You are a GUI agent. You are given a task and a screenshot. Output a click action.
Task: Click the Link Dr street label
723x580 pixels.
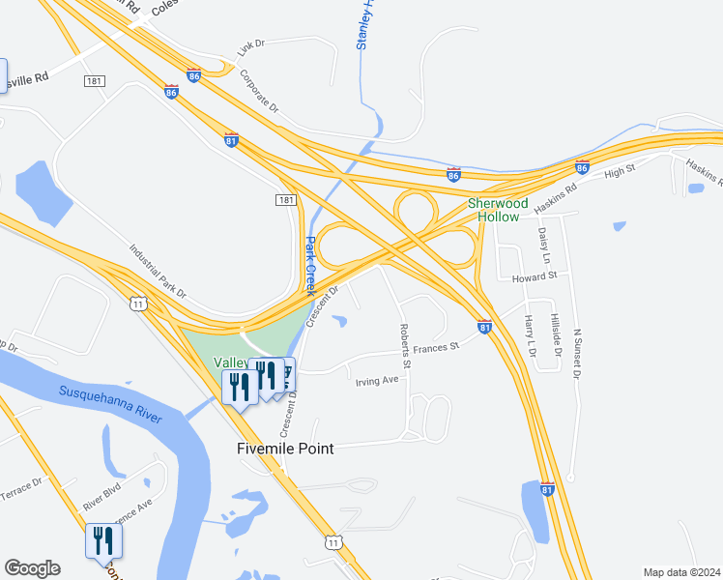tap(251, 44)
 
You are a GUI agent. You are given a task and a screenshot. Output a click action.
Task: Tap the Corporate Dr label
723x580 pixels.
tap(258, 90)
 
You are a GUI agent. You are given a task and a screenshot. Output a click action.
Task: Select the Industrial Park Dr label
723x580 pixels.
tap(158, 269)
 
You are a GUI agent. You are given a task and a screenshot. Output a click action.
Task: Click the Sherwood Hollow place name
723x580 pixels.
tap(498, 210)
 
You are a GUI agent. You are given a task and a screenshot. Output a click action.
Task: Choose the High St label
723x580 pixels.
tap(619, 173)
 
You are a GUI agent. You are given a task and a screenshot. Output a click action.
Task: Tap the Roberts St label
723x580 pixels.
tap(406, 346)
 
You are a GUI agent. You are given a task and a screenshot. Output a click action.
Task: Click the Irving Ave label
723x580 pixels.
tap(377, 381)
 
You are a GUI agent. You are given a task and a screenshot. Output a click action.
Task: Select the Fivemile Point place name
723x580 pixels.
tap(286, 449)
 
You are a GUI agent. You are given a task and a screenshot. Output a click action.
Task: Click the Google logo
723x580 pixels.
tap(32, 568)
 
